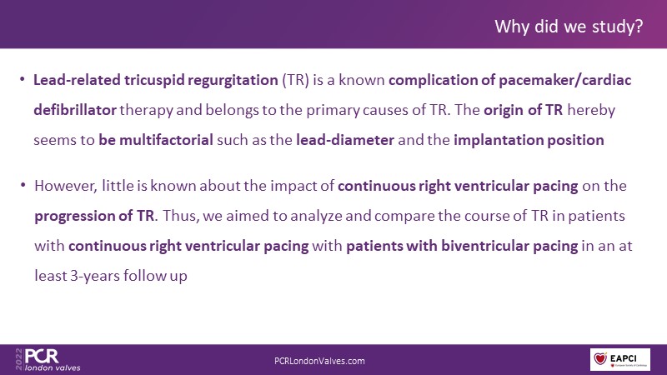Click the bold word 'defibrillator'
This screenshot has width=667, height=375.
(75, 110)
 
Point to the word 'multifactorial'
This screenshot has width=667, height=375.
(166, 140)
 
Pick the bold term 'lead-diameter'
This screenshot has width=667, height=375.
(345, 140)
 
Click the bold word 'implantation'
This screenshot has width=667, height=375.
(498, 141)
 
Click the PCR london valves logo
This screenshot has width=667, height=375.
(48, 360)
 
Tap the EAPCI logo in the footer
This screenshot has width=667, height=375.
(619, 359)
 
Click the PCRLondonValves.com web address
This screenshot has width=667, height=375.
(319, 361)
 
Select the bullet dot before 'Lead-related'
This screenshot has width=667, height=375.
(23, 79)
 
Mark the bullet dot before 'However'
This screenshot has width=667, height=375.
(23, 185)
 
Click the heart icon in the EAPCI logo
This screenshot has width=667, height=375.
(600, 358)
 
